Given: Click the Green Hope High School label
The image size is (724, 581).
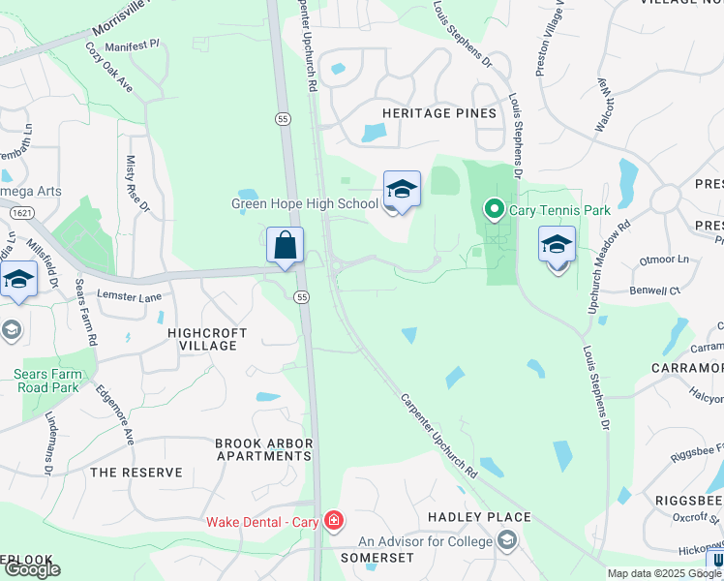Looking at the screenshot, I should (305, 203).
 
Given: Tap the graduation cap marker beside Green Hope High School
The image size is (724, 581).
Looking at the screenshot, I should (402, 190).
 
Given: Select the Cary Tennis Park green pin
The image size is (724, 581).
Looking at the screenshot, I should (493, 208).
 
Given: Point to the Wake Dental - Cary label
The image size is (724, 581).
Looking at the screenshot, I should (262, 522).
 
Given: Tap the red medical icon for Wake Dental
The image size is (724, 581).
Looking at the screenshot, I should (334, 522).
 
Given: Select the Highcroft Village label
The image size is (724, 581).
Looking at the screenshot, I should (208, 339).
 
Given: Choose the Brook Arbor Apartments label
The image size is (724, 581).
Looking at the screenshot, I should (263, 449).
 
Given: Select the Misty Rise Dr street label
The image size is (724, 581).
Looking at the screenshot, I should (136, 183).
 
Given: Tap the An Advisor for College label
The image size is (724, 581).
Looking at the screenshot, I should (426, 540).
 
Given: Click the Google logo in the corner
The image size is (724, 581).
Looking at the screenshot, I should (31, 569).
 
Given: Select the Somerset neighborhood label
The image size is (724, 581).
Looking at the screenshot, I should (377, 558).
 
